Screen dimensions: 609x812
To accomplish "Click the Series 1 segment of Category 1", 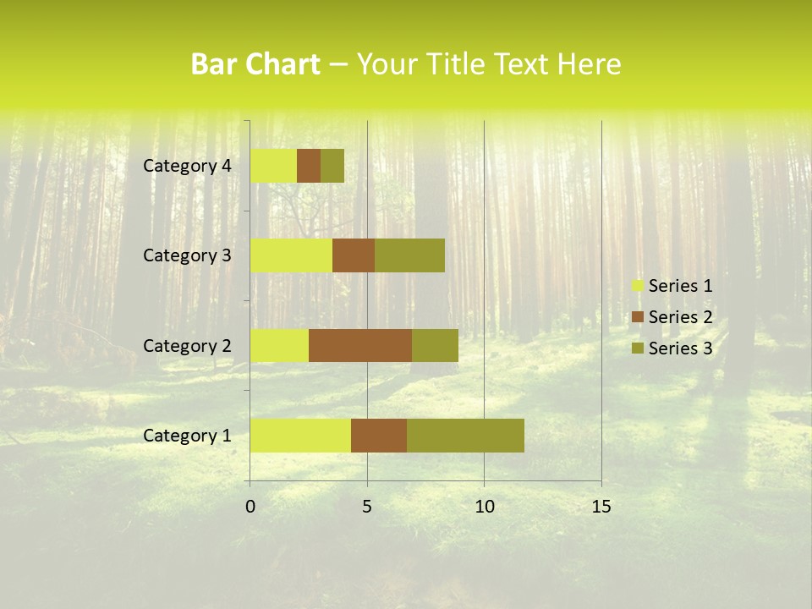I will click(300, 435).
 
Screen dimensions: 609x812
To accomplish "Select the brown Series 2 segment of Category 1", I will click(379, 435).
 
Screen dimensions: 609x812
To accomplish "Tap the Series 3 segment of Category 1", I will click(465, 435).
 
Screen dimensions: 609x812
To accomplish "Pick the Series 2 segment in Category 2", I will click(360, 345).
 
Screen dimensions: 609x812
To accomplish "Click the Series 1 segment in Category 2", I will click(279, 345).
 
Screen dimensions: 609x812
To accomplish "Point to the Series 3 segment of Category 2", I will click(435, 345).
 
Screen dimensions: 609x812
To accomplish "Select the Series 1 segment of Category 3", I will click(291, 255).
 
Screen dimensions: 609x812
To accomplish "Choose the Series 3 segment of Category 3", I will click(409, 255).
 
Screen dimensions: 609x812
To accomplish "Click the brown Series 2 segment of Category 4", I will click(309, 166).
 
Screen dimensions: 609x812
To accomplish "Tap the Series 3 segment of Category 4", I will click(332, 166).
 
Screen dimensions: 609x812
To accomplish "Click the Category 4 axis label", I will click(187, 166).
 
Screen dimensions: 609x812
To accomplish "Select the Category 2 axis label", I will click(187, 345).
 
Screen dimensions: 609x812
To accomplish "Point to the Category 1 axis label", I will click(187, 436).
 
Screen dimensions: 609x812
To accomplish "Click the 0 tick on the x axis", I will click(250, 507).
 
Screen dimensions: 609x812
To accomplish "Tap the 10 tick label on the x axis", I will click(484, 507).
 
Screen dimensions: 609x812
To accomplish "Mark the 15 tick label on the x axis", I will click(601, 507).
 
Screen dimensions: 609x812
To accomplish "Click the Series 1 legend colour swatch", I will click(638, 286).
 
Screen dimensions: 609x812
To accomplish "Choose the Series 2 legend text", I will click(680, 317).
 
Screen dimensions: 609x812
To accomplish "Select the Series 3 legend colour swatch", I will click(638, 348).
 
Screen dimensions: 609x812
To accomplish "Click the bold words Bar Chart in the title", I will click(255, 64).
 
